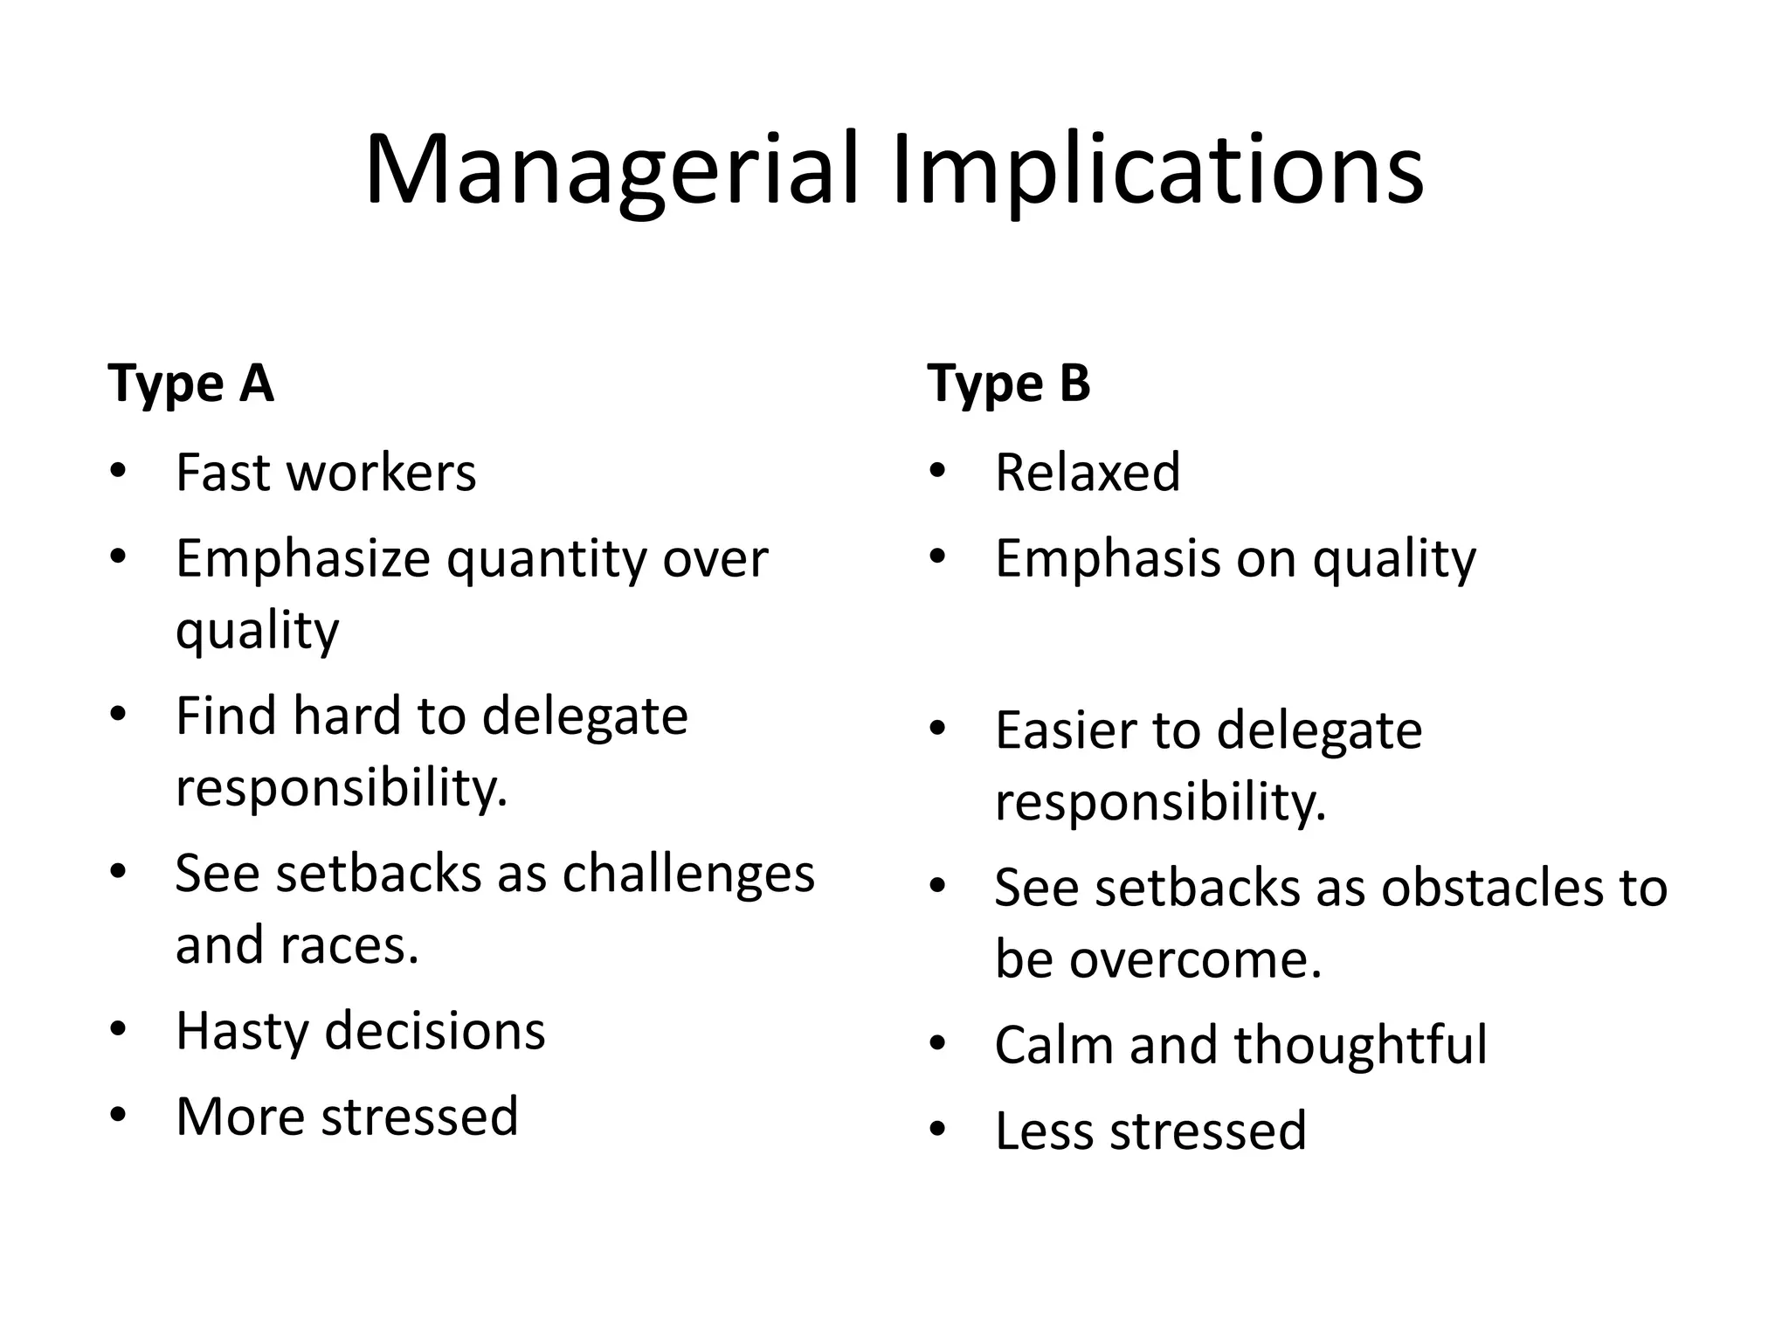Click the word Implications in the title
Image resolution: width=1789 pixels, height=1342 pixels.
tap(1157, 170)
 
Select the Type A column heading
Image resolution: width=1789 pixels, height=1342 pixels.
tap(190, 384)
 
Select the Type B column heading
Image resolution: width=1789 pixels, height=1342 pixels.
tap(1009, 384)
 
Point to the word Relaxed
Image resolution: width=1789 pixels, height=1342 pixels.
tap(1088, 473)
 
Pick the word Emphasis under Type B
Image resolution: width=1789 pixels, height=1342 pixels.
tap(1108, 559)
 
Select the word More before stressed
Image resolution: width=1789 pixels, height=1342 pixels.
tap(240, 1117)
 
